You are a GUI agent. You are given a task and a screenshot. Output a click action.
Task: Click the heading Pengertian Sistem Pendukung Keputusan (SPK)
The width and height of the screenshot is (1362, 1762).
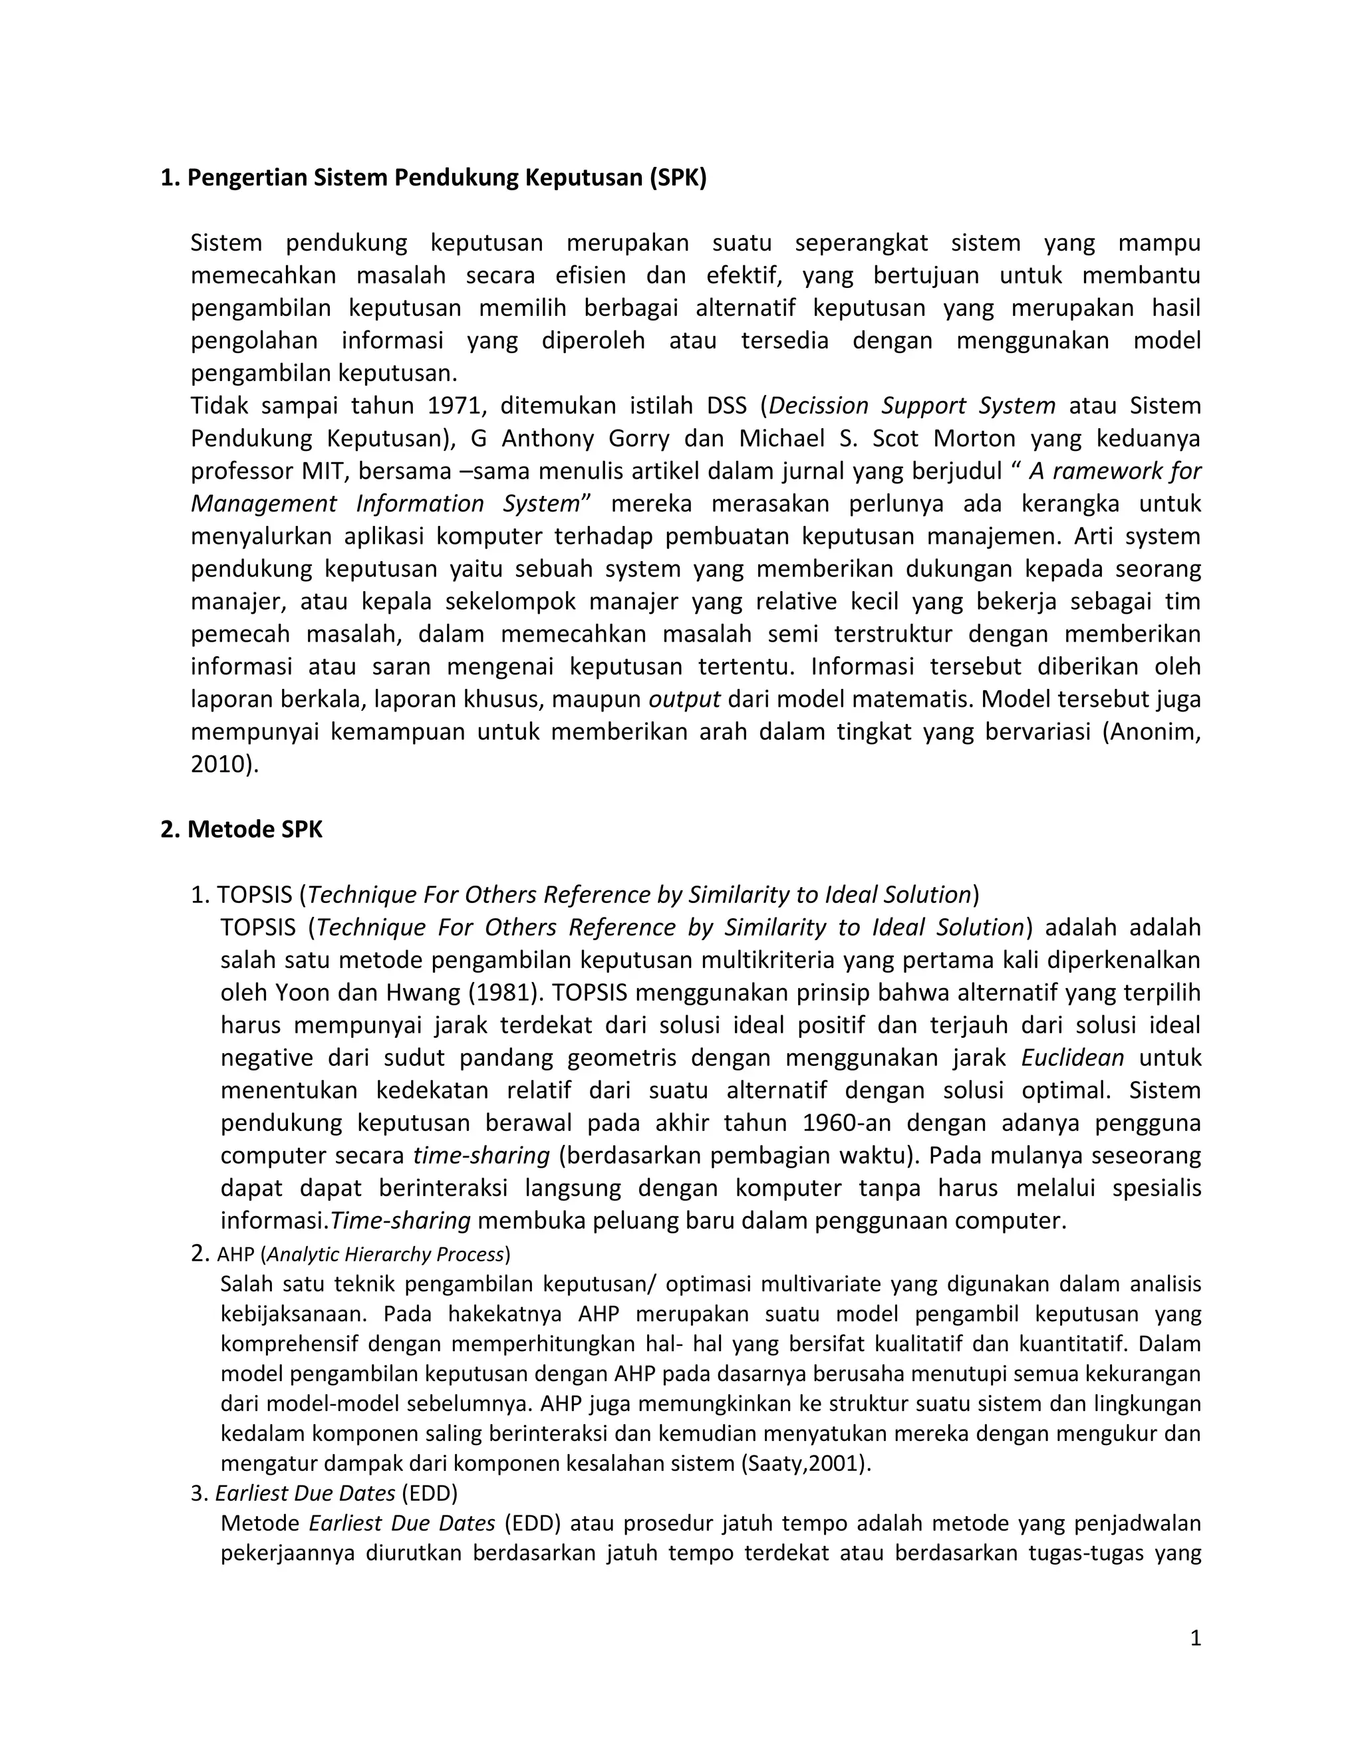pyautogui.click(x=434, y=178)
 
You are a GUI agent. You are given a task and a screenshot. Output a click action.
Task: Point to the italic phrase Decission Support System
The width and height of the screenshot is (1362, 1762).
pyautogui.click(x=912, y=405)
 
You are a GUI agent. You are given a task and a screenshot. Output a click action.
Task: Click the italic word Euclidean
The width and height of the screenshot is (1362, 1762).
pyautogui.click(x=1072, y=1058)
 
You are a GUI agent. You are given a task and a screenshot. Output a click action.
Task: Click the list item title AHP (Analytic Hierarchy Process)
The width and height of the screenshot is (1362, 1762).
pyautogui.click(x=363, y=1255)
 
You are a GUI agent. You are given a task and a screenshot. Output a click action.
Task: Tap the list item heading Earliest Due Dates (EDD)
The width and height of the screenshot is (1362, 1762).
pyautogui.click(x=336, y=1493)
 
